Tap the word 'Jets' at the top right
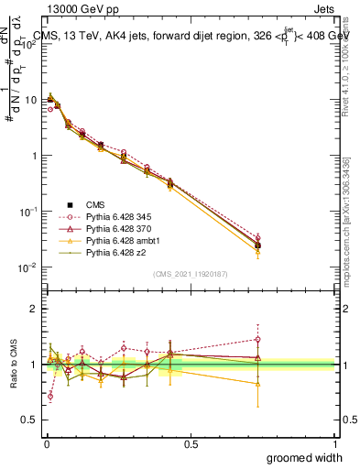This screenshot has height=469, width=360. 322,9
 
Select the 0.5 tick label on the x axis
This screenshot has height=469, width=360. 191,443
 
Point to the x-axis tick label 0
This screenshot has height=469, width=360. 46,443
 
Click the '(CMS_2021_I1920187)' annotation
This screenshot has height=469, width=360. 191,273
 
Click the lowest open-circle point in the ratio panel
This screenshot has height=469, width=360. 49,397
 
